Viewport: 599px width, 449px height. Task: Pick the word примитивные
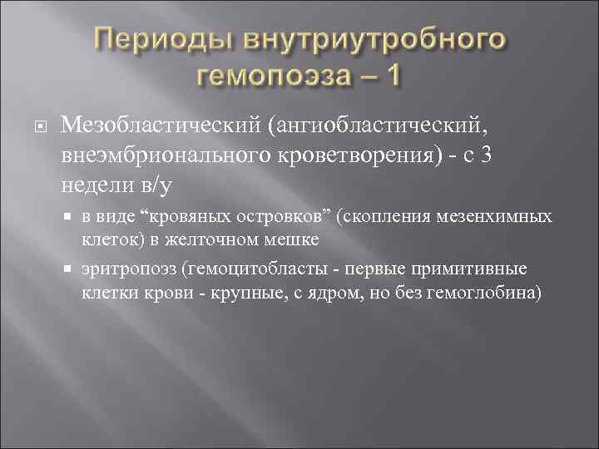(483, 270)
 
